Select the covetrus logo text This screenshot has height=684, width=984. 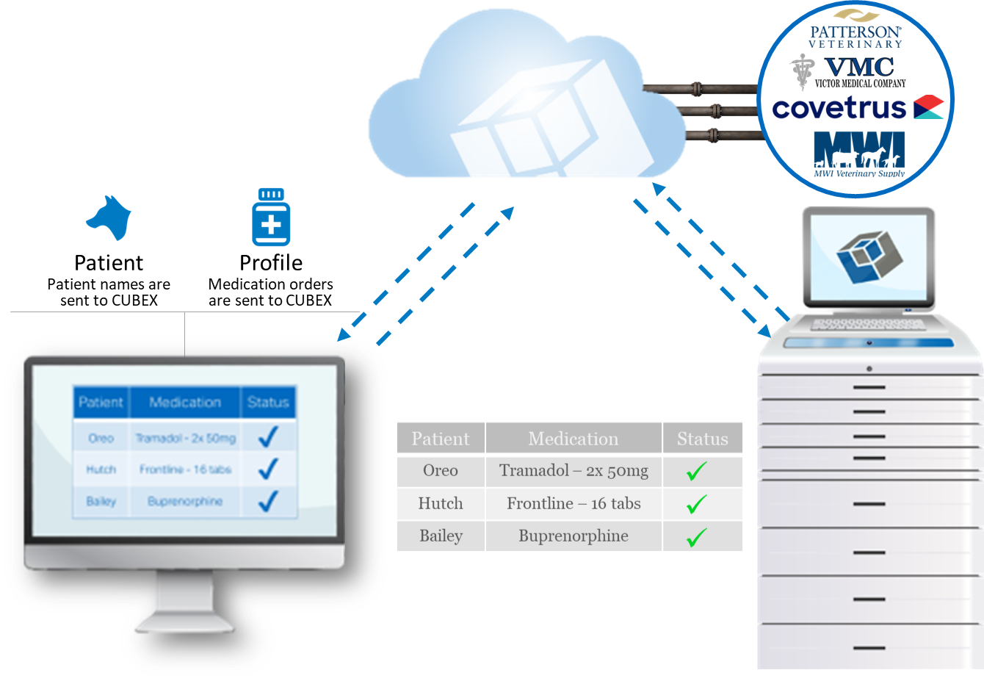tap(839, 109)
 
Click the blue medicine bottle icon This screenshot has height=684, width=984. tap(271, 220)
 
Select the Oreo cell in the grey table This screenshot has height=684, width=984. tap(440, 471)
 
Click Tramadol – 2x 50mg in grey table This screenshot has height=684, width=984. tap(574, 471)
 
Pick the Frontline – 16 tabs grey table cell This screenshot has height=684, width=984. tap(574, 504)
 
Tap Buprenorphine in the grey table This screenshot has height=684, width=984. tap(574, 536)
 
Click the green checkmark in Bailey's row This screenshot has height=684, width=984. tap(696, 537)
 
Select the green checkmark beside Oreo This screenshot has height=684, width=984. tap(696, 471)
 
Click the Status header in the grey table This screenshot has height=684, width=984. tap(702, 439)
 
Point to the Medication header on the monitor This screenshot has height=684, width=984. tap(185, 403)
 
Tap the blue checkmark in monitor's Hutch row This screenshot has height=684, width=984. tap(268, 469)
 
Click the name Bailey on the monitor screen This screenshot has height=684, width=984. tap(101, 501)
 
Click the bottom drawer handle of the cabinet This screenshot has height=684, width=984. tap(869, 648)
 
